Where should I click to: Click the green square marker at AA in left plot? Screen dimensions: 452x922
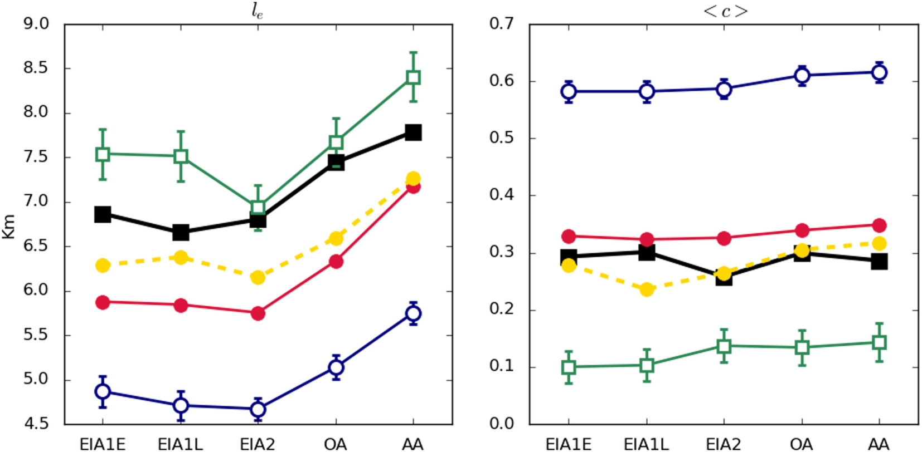tap(413, 77)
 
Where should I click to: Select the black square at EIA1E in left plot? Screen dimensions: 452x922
tap(103, 214)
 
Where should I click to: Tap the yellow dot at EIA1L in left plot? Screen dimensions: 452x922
tap(181, 257)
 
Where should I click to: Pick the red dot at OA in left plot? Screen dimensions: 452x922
tap(336, 262)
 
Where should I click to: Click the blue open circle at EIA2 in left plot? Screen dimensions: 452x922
tap(258, 410)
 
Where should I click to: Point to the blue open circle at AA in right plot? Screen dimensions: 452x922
tap(879, 72)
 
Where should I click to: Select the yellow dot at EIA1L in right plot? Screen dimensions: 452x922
tap(647, 289)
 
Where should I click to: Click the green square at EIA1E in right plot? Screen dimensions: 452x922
tap(569, 367)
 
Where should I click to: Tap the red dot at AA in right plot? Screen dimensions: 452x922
tap(879, 225)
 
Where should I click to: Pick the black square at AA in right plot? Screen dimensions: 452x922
tap(879, 262)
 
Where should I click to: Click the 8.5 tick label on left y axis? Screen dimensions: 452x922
tap(36, 68)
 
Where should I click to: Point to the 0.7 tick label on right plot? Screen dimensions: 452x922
tap(501, 24)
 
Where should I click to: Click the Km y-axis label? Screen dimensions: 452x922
tap(9, 227)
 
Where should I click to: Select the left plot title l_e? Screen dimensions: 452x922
tap(257, 11)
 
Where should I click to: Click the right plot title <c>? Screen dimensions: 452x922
tap(725, 11)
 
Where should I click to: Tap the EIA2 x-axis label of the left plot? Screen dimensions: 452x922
tap(258, 444)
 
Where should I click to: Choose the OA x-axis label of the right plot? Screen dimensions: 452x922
tap(802, 444)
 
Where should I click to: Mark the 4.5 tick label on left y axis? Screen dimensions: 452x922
tap(36, 424)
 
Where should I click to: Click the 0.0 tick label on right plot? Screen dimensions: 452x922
tap(501, 424)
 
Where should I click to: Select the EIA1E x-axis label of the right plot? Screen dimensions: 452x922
tap(569, 444)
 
